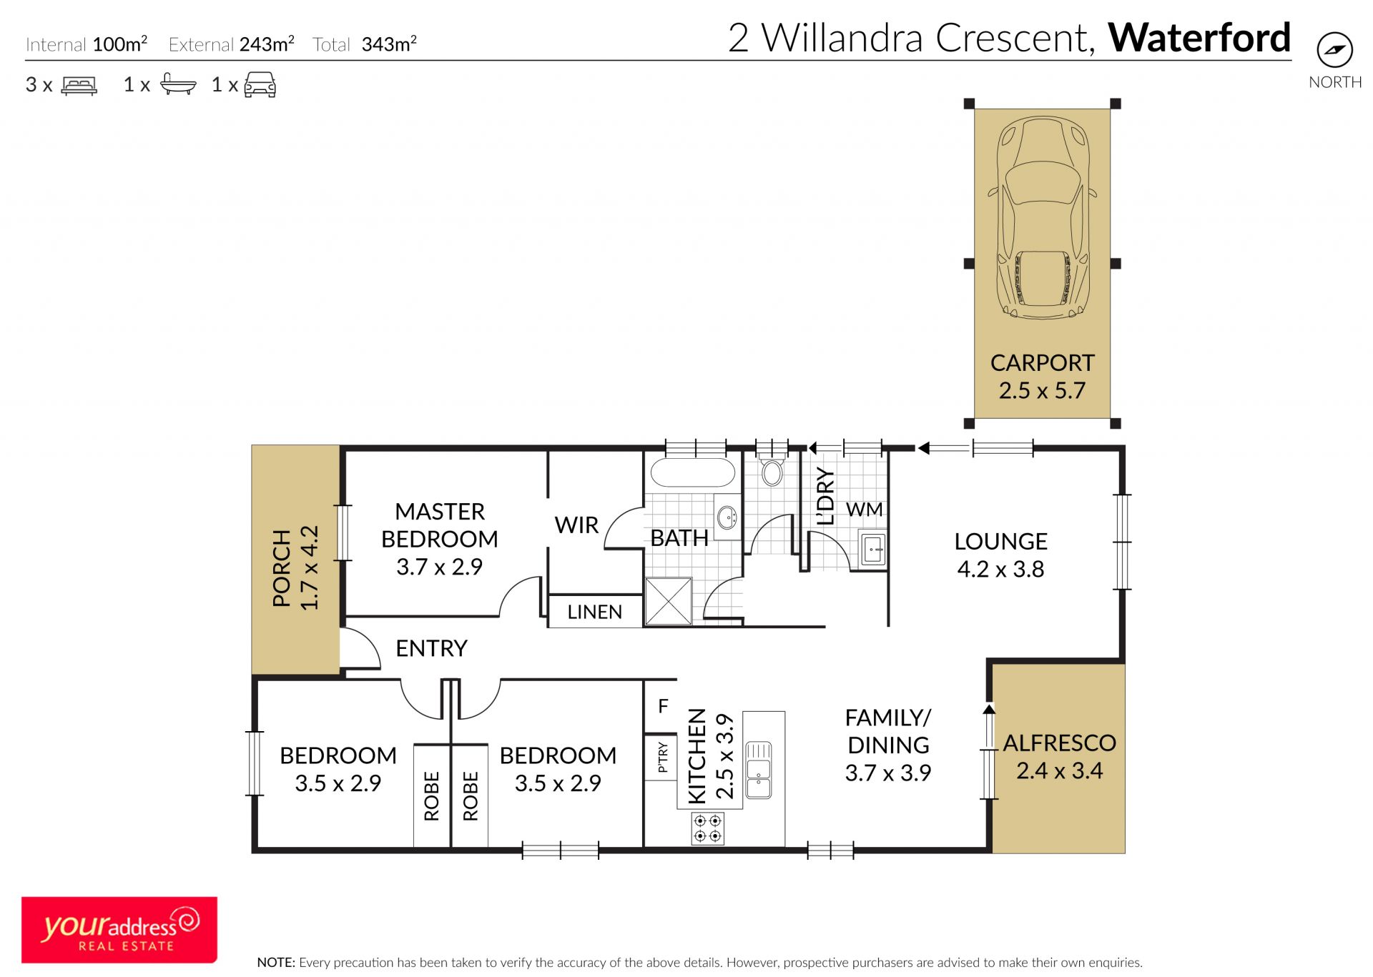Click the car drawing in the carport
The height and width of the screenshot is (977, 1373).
[1043, 218]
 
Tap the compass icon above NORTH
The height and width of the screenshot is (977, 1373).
[1334, 51]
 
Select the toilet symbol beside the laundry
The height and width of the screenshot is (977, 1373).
[772, 467]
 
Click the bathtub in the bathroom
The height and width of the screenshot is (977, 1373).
[693, 472]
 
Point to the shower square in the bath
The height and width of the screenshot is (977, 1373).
[669, 601]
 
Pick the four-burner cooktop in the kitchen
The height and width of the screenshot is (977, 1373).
[707, 828]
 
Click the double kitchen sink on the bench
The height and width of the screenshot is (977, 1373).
[759, 770]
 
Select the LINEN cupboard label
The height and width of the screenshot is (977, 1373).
[594, 613]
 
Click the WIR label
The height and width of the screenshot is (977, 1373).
[576, 525]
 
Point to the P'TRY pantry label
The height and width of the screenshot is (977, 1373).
[663, 758]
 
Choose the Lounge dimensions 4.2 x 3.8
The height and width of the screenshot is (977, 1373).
[1000, 570]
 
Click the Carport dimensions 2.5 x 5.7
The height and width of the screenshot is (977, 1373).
[1042, 391]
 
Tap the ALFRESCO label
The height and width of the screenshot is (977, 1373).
[1059, 743]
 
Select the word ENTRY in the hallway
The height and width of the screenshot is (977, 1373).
[431, 648]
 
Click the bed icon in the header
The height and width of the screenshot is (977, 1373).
[79, 85]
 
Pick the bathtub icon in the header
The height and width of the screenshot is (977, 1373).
[178, 84]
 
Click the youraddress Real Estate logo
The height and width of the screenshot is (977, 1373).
[119, 930]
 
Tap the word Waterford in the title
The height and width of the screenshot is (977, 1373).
[1199, 38]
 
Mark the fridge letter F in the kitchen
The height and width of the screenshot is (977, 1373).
[663, 706]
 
